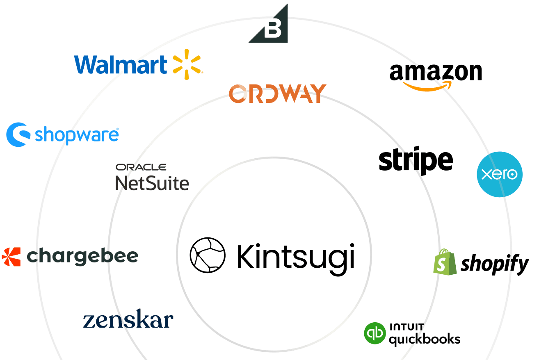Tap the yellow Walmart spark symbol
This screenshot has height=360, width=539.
187,64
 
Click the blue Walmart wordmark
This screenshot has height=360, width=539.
121,65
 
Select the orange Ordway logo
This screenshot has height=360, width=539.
277,93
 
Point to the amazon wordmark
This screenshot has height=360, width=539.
436,72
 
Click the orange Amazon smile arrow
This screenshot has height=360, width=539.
427,86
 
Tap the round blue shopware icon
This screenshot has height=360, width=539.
18,134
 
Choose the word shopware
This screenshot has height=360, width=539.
77,134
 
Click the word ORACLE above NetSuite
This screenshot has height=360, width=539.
141,167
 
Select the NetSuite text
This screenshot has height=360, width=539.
152,183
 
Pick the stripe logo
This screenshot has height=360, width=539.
416,161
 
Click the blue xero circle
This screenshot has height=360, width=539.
499,174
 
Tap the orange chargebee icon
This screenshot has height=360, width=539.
11,257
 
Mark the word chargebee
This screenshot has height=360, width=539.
82,257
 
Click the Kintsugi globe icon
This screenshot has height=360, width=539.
207,255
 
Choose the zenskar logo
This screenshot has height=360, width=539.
128,320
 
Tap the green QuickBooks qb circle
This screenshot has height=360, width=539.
375,333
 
